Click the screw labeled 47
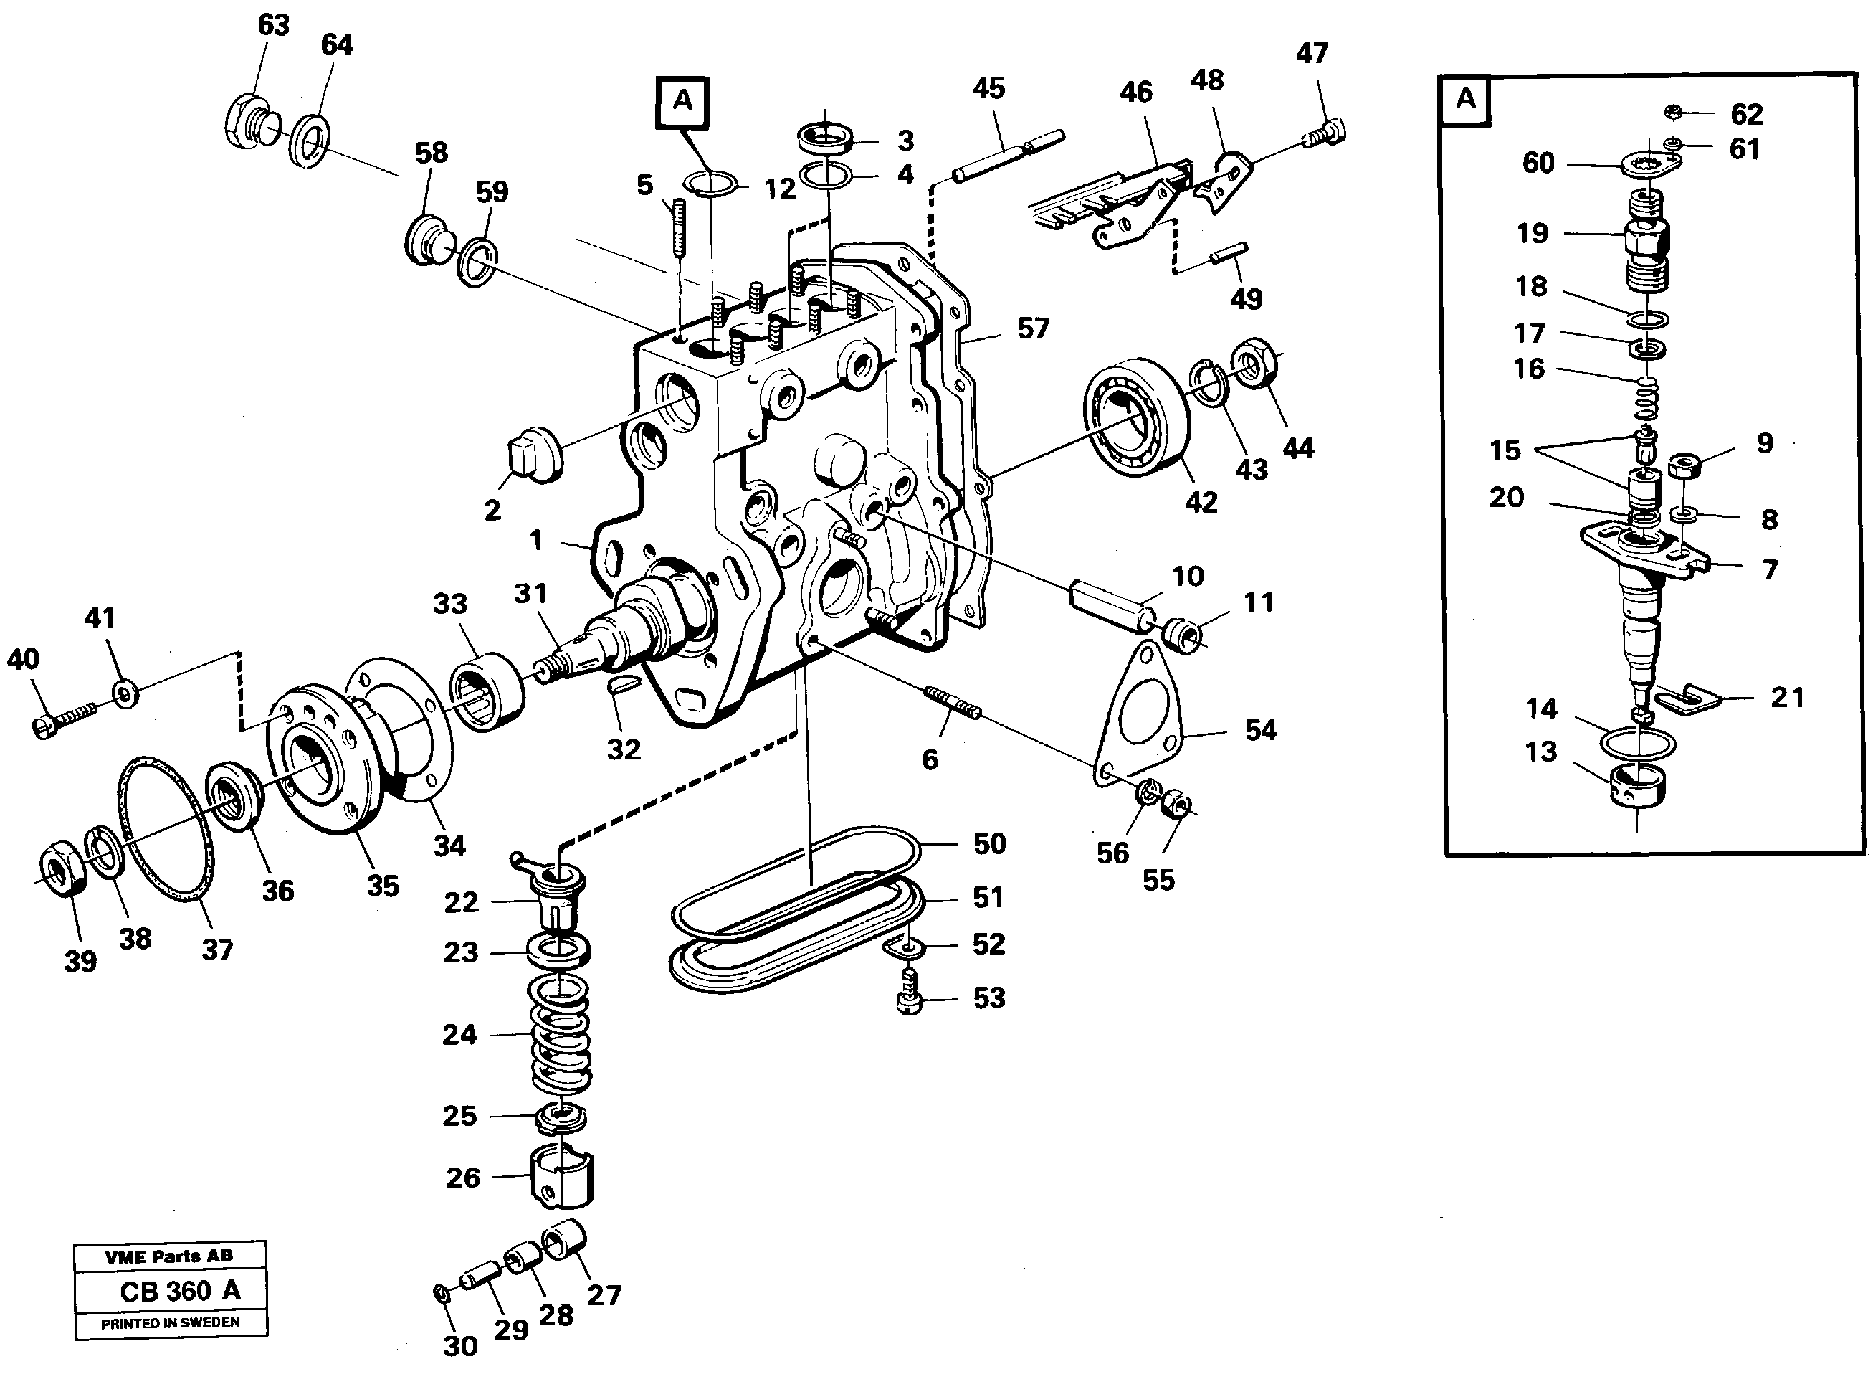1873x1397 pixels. pyautogui.click(x=1325, y=134)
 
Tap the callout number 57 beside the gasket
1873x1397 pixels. pyautogui.click(x=1033, y=328)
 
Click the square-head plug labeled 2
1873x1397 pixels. pyautogui.click(x=532, y=455)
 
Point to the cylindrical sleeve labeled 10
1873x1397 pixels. pyautogui.click(x=1110, y=605)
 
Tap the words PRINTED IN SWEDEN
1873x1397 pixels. pyautogui.click(x=170, y=1322)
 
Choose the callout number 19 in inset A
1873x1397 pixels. pyautogui.click(x=1532, y=233)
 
